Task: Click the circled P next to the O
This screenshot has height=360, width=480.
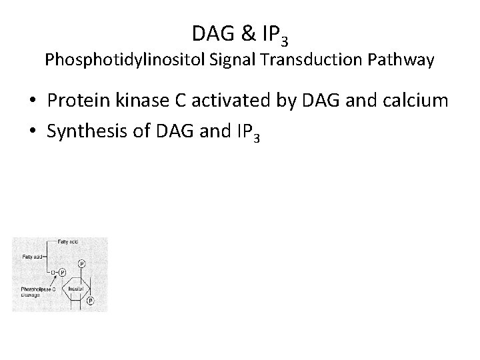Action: tap(62, 272)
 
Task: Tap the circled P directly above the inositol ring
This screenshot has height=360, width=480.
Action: tap(81, 264)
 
